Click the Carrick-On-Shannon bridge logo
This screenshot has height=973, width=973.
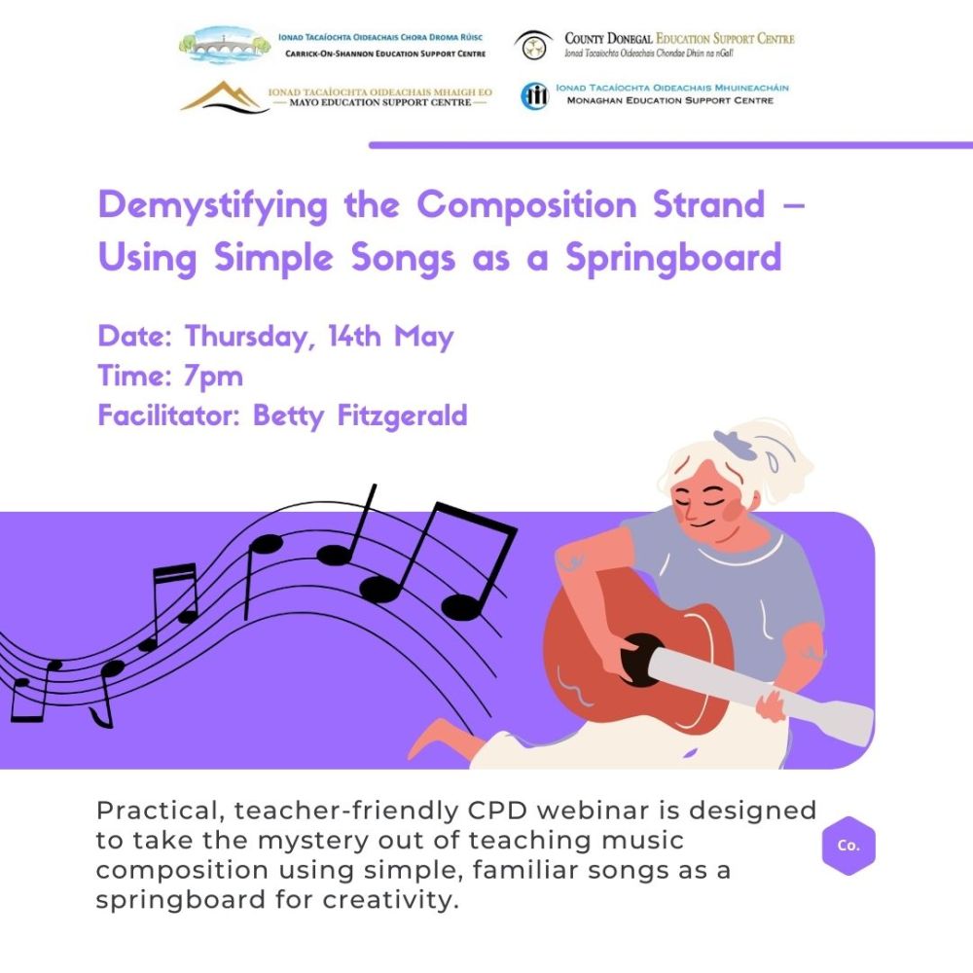coord(225,46)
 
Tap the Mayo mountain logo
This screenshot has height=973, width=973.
coord(225,97)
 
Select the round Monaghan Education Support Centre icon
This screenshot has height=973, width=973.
coord(534,96)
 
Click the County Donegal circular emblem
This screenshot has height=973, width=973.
coord(533,46)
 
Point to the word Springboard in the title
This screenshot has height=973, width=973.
coord(673,258)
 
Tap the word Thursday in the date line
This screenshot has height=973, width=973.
coord(247,337)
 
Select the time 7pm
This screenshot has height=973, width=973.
coord(213,376)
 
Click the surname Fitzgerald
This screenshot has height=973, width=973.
coord(402,415)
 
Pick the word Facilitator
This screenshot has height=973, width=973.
coord(168,415)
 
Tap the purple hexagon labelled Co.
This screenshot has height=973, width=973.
coord(848,846)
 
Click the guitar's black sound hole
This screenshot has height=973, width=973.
coord(640,660)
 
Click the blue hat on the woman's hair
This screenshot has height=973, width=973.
coord(736,443)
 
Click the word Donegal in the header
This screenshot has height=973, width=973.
coord(630,39)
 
